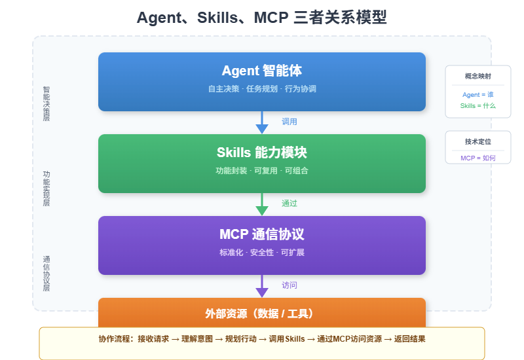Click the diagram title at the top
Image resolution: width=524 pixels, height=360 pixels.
(262, 18)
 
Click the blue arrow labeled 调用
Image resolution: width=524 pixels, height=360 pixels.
(262, 122)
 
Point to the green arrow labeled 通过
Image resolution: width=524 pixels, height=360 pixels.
(262, 204)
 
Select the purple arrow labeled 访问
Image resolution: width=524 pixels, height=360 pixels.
(262, 286)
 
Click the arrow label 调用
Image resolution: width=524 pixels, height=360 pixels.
(290, 122)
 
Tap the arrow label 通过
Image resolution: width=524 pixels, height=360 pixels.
(290, 204)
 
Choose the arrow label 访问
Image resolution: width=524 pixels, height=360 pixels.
(290, 285)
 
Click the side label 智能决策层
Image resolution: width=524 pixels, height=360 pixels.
(47, 104)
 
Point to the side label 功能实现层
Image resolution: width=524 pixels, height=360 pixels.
(47, 189)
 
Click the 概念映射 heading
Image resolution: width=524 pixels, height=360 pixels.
(478, 76)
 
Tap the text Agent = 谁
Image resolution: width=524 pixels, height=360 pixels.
(478, 95)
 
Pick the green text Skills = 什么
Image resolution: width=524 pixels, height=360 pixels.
(478, 106)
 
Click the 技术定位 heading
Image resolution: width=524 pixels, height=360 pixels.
(478, 141)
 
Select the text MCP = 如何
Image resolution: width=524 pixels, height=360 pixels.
(478, 158)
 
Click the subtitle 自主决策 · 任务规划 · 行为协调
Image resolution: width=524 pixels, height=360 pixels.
(262, 88)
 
